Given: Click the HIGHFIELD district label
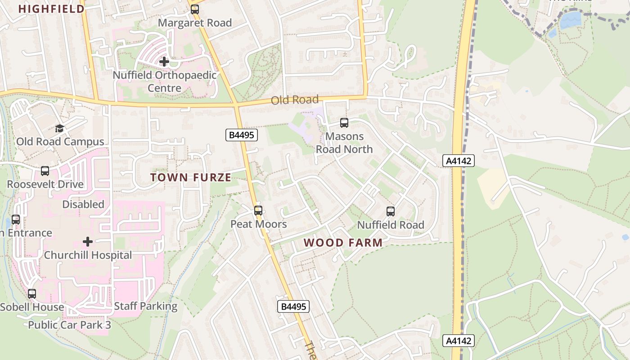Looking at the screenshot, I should point(51,9).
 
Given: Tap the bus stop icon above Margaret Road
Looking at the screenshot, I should point(195,9).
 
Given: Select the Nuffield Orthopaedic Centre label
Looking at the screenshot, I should point(165,81).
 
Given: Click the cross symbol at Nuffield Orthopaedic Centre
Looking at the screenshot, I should point(165,61).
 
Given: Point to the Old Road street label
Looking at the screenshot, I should point(295,99).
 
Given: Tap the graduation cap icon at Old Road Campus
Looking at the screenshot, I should point(59,129).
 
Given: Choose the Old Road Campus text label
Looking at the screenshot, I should point(60,142).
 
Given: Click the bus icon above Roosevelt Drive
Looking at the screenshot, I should point(45,171).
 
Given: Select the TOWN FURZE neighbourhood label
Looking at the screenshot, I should point(191,177).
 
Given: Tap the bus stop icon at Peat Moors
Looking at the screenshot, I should point(258,211).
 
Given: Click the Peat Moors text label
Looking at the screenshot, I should point(258,224).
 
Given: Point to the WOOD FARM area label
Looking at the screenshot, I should point(343,243).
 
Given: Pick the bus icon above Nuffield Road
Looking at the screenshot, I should point(391,211).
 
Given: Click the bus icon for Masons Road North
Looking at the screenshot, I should point(344,122).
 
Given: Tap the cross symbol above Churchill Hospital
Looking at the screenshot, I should point(88,242).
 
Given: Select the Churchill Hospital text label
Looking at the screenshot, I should point(88,255).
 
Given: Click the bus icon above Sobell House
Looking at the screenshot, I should point(32,294).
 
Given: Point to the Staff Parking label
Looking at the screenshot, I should point(146,306).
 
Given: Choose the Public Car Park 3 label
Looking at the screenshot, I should point(69,325).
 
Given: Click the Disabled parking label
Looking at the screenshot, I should point(83,204).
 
